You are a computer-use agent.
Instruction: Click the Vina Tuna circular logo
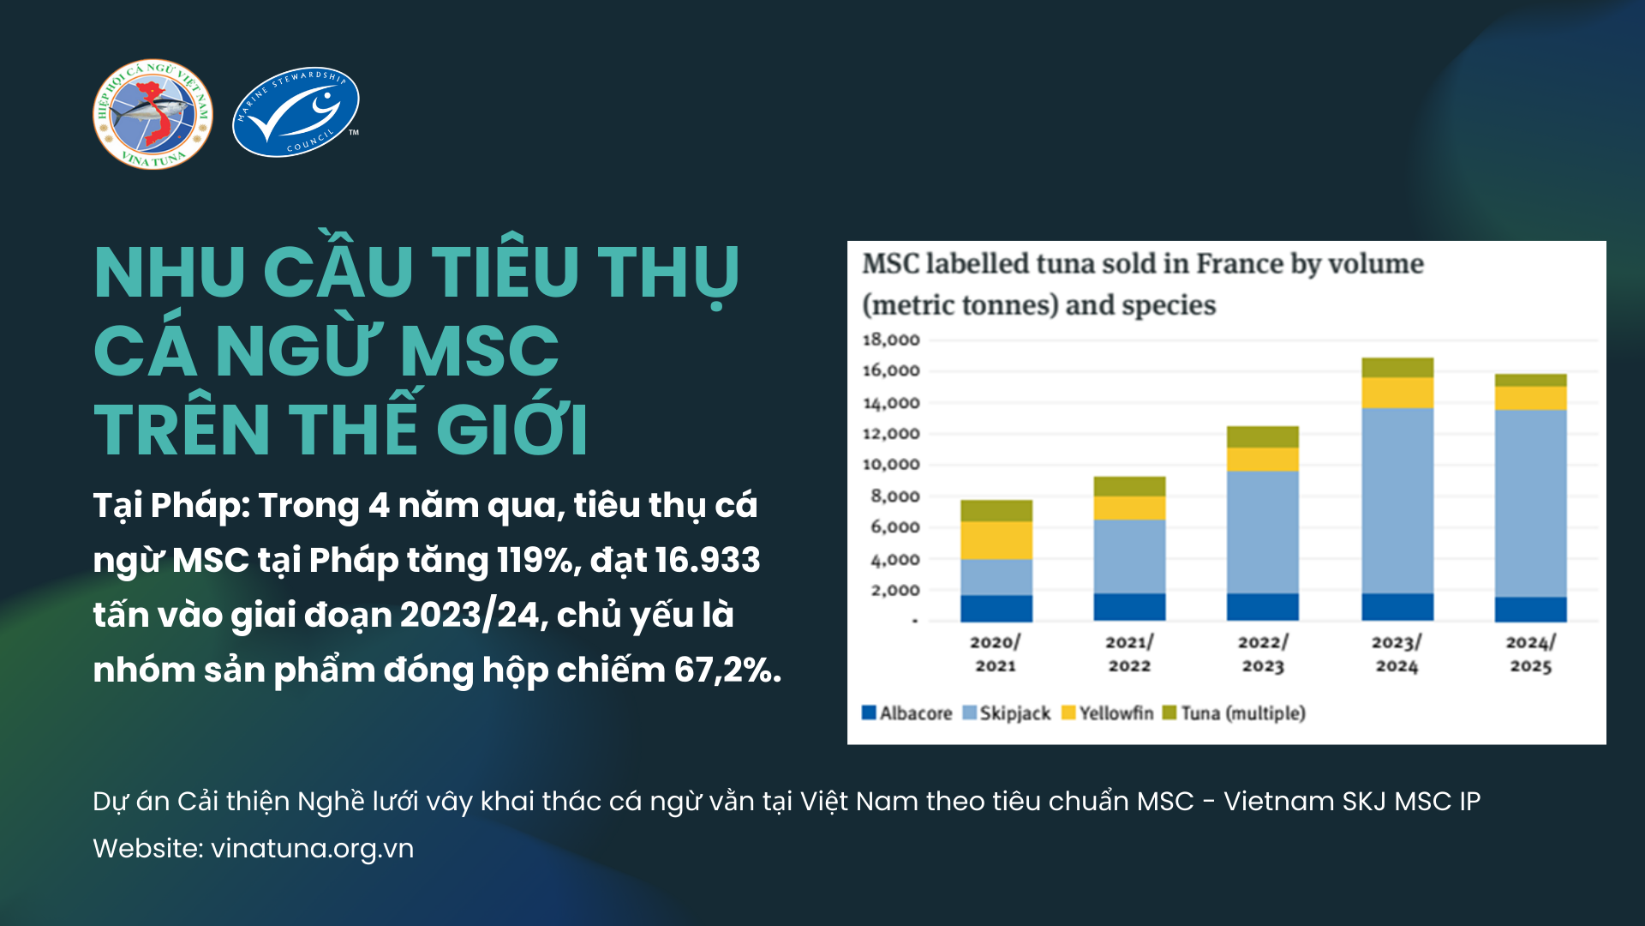tap(153, 114)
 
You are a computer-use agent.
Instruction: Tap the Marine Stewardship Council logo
tap(296, 112)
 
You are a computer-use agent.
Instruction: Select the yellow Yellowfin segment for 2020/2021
tap(996, 540)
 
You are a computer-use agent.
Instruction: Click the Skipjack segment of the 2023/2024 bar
tap(1397, 500)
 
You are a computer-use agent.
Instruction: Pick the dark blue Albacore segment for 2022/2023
tap(1262, 606)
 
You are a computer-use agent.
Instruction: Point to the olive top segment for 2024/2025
tap(1530, 380)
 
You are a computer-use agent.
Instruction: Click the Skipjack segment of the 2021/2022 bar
tap(1129, 556)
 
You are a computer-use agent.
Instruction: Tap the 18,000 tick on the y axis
tap(890, 340)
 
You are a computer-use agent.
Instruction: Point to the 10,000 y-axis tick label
tap(890, 465)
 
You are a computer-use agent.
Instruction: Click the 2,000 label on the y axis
tap(894, 590)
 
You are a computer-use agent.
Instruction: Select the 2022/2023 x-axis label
tap(1262, 654)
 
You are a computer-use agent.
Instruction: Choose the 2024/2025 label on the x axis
tap(1530, 654)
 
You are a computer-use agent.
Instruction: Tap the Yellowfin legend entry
tap(1107, 713)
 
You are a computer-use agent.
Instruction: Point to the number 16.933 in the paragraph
tap(707, 560)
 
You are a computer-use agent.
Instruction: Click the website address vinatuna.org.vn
tap(312, 848)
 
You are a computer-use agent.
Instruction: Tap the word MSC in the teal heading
tap(479, 352)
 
